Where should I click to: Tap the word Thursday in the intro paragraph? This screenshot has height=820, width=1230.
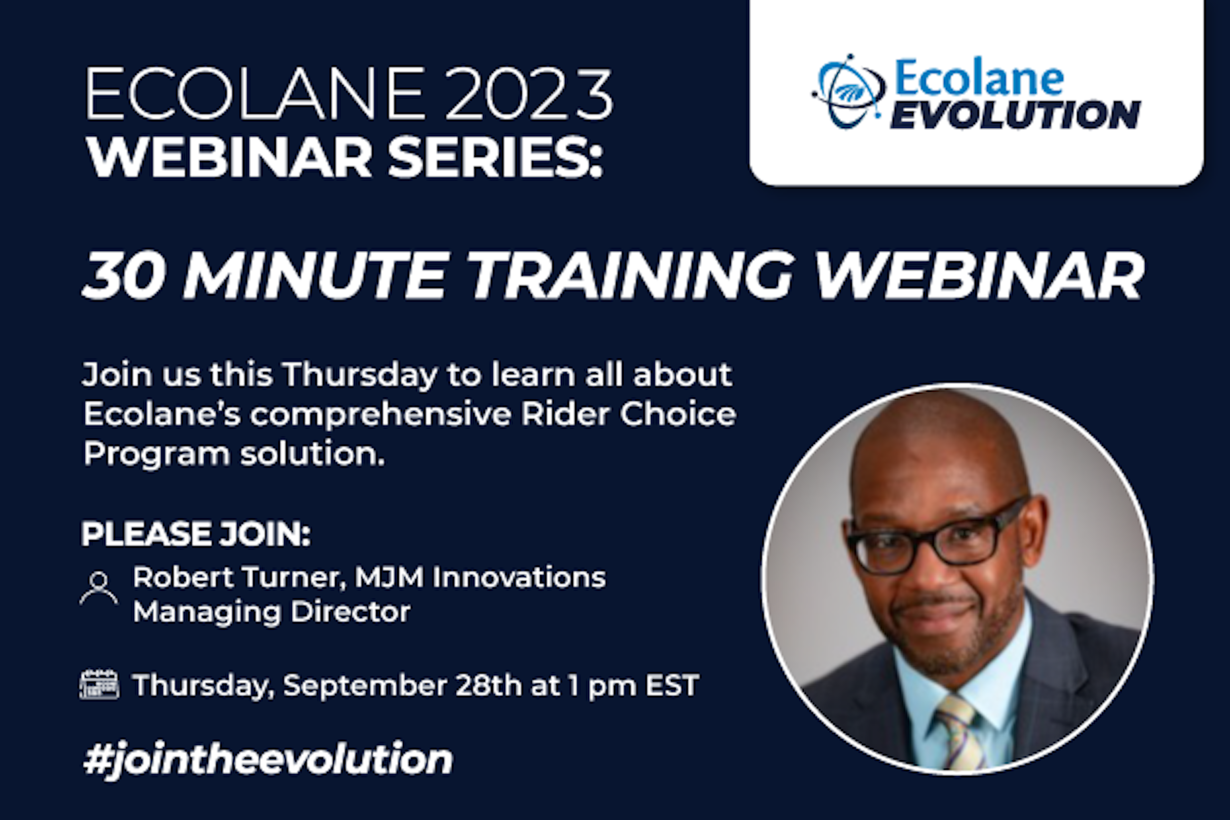(360, 375)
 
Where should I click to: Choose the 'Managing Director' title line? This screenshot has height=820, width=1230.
(271, 612)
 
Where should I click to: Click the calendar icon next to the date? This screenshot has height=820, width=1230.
(99, 684)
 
